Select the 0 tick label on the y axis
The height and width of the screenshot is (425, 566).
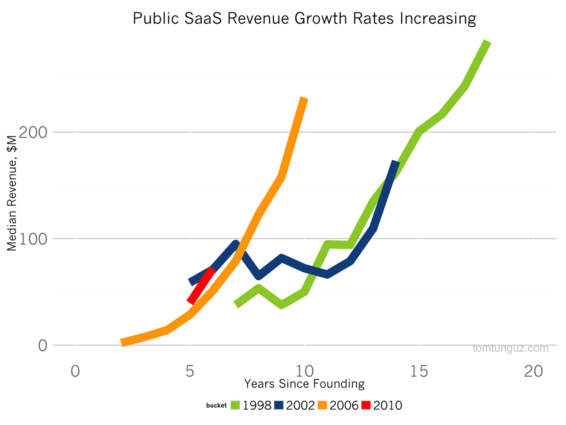[x=42, y=346]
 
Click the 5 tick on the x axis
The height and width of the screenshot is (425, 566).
[x=190, y=371]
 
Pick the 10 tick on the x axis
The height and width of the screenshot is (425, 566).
[x=304, y=371]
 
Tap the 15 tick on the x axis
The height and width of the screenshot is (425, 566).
[x=419, y=371]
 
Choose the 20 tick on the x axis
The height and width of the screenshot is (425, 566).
[x=533, y=371]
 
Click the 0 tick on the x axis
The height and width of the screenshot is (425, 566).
[x=75, y=371]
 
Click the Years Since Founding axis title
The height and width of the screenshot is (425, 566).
[x=304, y=383]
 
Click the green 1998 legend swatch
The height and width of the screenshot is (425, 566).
[x=235, y=405]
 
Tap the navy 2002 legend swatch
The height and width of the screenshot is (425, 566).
[x=279, y=405]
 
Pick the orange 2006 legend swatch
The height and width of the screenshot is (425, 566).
[x=322, y=405]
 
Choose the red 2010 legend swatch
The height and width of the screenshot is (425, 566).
[x=366, y=405]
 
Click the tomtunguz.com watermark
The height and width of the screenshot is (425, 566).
[x=510, y=348]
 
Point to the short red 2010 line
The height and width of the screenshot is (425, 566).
[x=201, y=286]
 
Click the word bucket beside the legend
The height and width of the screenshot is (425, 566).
[x=216, y=406]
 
